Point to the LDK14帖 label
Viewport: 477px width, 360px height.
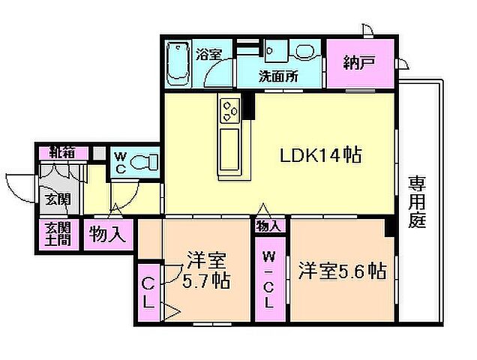[321, 156]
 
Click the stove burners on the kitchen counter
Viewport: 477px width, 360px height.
[229, 112]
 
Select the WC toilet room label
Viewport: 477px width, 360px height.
[120, 162]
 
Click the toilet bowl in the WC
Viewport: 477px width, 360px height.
[147, 162]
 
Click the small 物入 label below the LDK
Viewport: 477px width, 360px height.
[269, 226]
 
